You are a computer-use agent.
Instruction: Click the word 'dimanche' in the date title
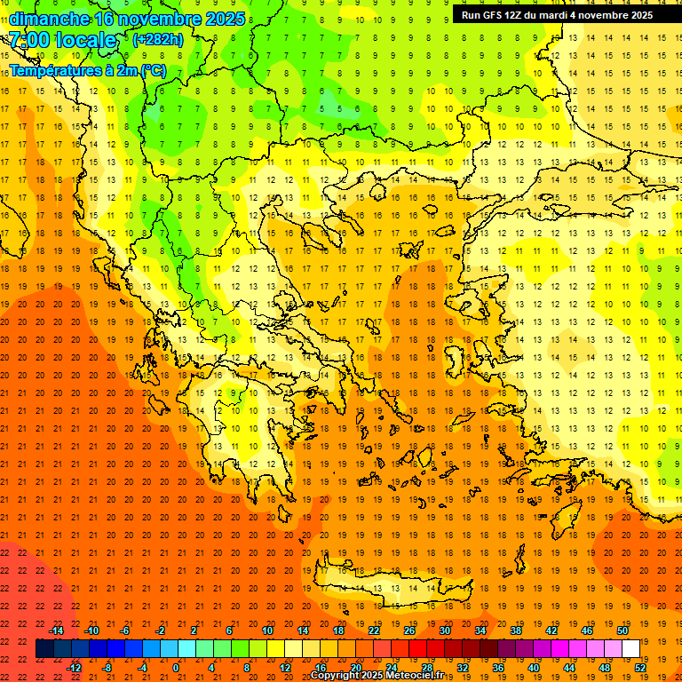point(49,19)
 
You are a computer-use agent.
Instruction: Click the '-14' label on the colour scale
point(56,630)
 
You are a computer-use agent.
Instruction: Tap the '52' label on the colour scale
point(641,667)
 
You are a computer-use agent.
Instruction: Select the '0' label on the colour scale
point(176,667)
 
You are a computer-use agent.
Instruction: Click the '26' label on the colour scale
point(409,630)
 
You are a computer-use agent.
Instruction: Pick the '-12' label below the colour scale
point(74,667)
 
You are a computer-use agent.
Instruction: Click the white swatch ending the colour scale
point(631,649)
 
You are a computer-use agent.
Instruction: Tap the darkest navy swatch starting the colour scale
point(44,649)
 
